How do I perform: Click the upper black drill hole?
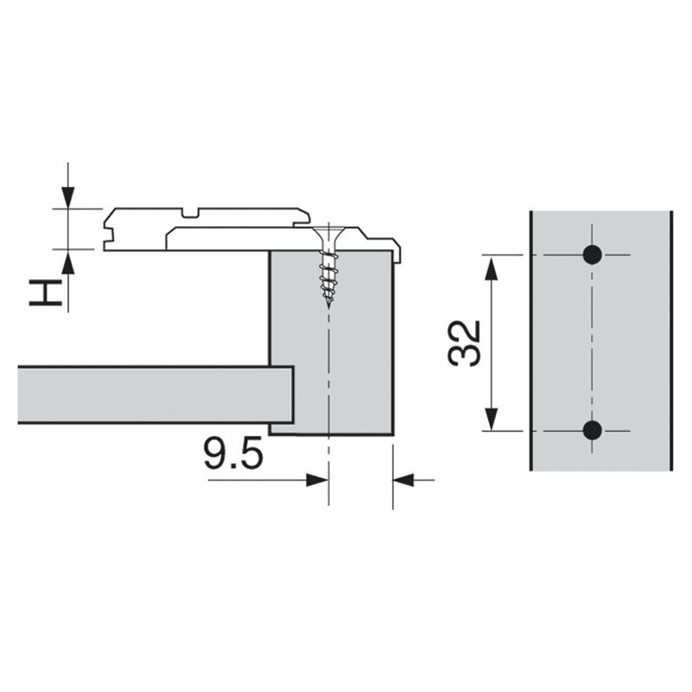pos(592,255)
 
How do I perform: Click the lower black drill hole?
pos(592,430)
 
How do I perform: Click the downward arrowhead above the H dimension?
pos(67,198)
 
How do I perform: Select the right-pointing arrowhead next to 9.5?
pos(318,479)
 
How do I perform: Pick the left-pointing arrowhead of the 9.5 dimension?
pos(403,479)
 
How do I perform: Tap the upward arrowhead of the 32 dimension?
pos(491,267)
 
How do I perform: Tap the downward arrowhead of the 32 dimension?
pos(491,419)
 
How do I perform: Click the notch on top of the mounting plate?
pos(190,211)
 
